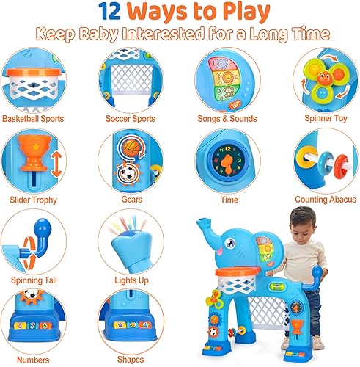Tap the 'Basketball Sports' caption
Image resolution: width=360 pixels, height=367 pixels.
coord(32,117)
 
